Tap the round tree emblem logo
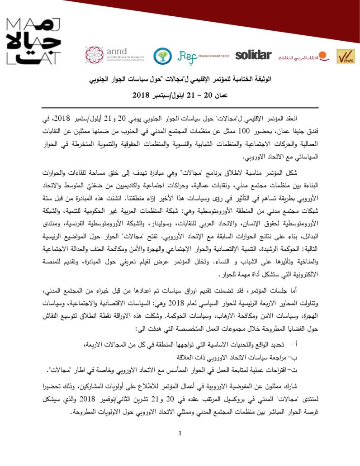point(162,55)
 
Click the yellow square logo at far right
point(346,56)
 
